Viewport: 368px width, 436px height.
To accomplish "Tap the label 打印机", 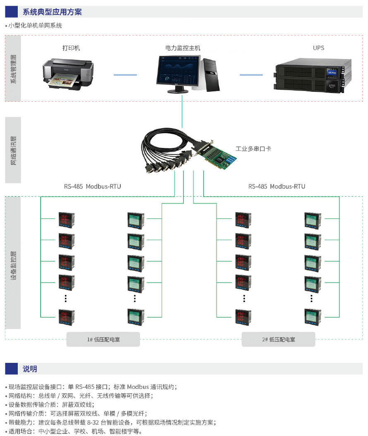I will point(71,48).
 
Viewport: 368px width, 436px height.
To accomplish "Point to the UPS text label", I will point(318,48).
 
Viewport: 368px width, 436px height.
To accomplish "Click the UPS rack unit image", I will point(313,75).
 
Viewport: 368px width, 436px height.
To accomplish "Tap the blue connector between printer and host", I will point(125,75).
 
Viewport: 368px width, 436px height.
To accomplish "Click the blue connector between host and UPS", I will point(251,75).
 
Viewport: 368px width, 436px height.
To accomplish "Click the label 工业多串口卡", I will point(253,148).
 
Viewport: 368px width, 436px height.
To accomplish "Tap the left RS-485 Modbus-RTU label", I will point(93,186).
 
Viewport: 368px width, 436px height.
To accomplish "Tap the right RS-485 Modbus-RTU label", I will point(277,186).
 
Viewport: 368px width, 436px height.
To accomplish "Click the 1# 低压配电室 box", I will point(103,339).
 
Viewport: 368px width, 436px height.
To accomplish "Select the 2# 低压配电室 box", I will point(278,339).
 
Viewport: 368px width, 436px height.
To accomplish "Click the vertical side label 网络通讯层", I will point(13,150).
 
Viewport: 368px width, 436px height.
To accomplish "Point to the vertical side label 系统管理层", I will point(13,69).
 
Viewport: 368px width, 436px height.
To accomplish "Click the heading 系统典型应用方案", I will point(52,12).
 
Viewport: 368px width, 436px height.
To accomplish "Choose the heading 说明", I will point(30,369).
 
